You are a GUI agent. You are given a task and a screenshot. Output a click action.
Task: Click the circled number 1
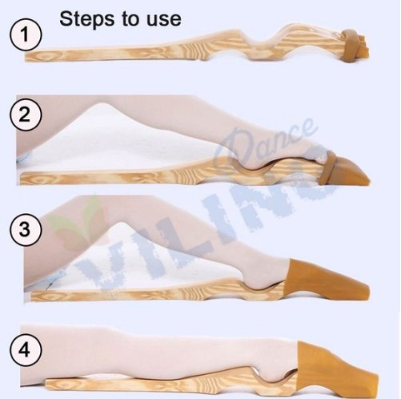click(26, 35)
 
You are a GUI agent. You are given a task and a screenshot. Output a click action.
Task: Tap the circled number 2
click(26, 115)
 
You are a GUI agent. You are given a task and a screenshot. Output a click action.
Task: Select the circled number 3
click(26, 228)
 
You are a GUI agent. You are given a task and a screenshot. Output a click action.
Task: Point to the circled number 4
click(26, 349)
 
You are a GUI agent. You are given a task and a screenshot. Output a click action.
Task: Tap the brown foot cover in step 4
click(334, 369)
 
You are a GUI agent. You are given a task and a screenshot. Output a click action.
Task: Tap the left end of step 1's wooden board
click(26, 57)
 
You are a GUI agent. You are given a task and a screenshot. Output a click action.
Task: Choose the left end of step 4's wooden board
click(47, 384)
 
